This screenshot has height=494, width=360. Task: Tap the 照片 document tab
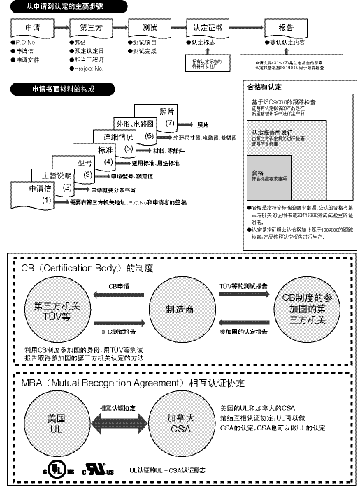coord(167,111)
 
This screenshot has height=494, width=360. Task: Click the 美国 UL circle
coord(57,423)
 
